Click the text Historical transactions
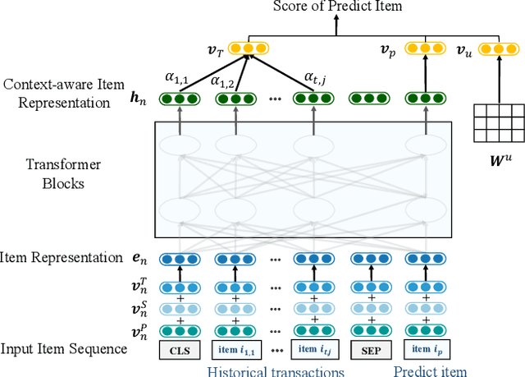click(275, 370)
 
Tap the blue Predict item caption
click(430, 370)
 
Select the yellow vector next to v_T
click(246, 49)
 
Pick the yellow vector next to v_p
click(425, 49)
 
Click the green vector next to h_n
click(178, 99)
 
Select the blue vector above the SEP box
click(370, 258)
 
